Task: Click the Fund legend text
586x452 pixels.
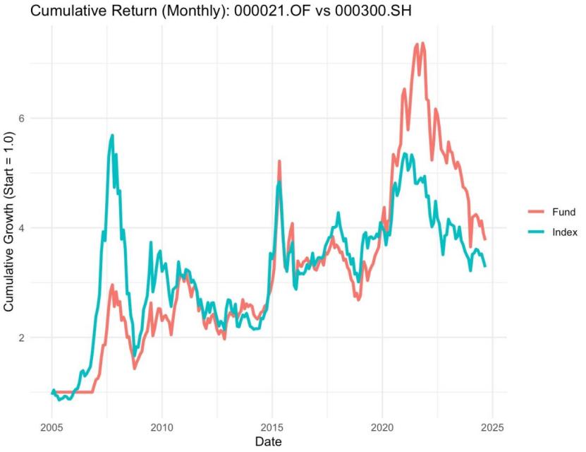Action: click(x=563, y=212)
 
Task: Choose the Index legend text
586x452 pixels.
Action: click(x=565, y=232)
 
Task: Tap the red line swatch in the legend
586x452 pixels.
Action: click(x=537, y=212)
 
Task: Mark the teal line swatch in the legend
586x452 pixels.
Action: click(x=537, y=232)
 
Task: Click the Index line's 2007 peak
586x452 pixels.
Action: click(x=111, y=135)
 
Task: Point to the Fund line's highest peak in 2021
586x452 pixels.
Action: click(x=422, y=43)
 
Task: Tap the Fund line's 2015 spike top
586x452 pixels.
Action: click(x=279, y=161)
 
